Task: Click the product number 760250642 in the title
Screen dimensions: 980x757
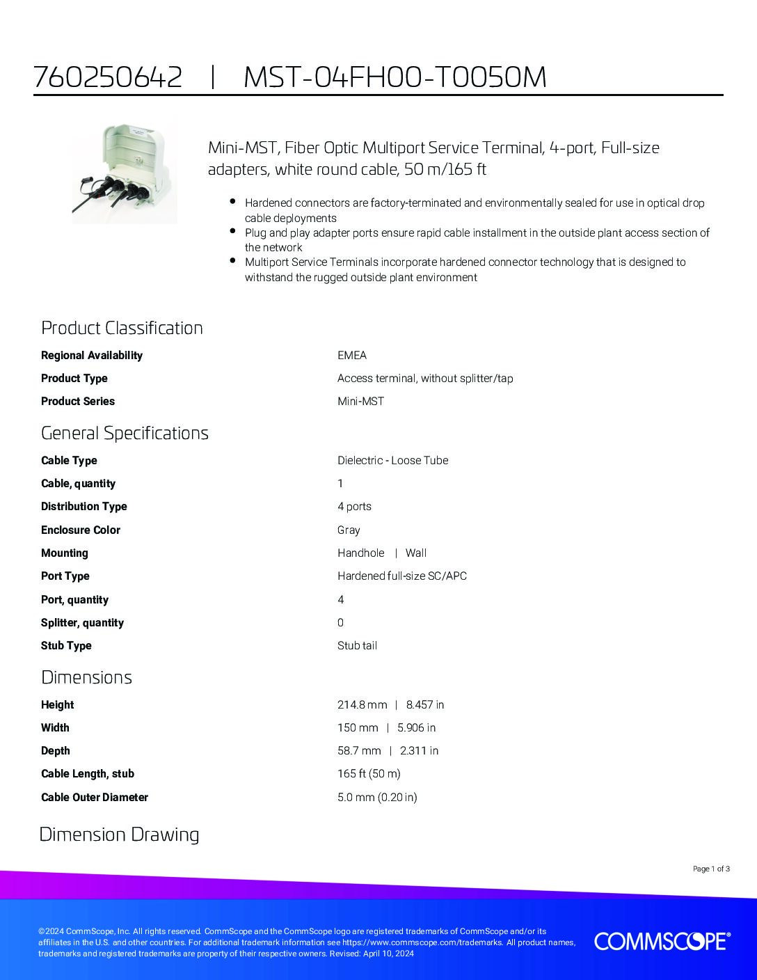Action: pyautogui.click(x=108, y=77)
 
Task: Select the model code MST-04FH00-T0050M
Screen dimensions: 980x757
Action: pyautogui.click(x=395, y=77)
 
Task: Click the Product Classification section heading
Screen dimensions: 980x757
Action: pyautogui.click(x=122, y=328)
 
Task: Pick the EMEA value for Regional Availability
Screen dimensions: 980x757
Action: pyautogui.click(x=352, y=355)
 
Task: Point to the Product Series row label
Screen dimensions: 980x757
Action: pyautogui.click(x=78, y=401)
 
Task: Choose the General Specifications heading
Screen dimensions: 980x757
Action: pyautogui.click(x=125, y=433)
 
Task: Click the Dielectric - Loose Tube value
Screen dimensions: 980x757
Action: pyautogui.click(x=392, y=460)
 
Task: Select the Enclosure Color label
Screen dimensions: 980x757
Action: pyautogui.click(x=81, y=530)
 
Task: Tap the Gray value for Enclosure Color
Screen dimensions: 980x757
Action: pyautogui.click(x=349, y=530)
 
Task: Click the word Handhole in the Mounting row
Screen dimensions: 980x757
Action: pyautogui.click(x=360, y=553)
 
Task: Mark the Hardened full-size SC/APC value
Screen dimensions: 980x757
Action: pyautogui.click(x=402, y=576)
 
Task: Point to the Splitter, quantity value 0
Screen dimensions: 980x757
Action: pyautogui.click(x=340, y=622)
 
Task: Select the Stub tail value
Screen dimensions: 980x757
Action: pyautogui.click(x=357, y=645)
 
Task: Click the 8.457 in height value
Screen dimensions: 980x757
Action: pyautogui.click(x=425, y=704)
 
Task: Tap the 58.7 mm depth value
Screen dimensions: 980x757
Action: pyautogui.click(x=359, y=750)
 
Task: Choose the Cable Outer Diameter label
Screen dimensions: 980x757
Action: pyautogui.click(x=95, y=797)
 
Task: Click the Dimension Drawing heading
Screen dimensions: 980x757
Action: pyautogui.click(x=119, y=835)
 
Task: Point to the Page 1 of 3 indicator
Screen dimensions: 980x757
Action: pyautogui.click(x=711, y=869)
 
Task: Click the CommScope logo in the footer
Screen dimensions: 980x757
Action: pyautogui.click(x=662, y=942)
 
